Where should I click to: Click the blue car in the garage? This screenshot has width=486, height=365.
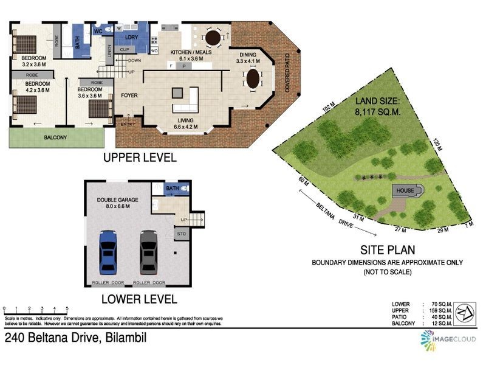pos(108,251)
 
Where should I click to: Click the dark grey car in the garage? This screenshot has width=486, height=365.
pos(149,251)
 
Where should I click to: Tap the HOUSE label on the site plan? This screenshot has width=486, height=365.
pos(405,191)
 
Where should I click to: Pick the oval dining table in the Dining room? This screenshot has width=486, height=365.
pos(252,78)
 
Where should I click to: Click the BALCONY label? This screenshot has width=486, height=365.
pos(56,137)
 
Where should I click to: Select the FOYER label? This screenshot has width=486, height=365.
pos(129,96)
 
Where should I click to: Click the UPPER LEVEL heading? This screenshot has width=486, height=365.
pos(140,158)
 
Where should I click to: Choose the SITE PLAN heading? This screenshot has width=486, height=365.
pos(387,249)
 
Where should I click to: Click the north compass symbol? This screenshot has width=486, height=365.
pos(465,311)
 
